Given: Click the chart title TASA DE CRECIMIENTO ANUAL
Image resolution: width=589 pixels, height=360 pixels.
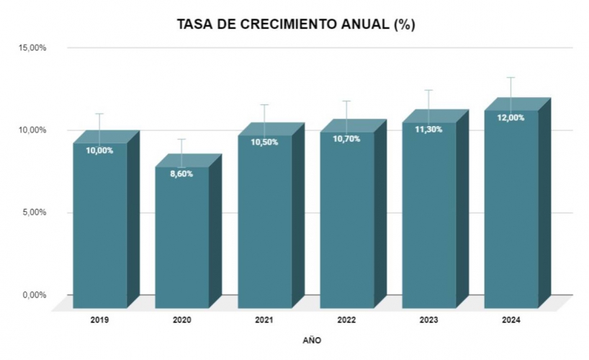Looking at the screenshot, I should pos(295,24).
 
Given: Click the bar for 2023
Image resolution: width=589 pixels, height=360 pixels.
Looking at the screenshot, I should pos(428,216).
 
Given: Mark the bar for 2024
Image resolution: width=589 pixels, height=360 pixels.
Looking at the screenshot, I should pos(511,212).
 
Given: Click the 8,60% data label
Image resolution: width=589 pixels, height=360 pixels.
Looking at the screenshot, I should pos(181,174).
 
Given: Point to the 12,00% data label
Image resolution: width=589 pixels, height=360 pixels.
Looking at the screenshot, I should pos(511,117).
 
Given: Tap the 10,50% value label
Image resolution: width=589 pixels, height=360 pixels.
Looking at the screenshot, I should pos(264,142).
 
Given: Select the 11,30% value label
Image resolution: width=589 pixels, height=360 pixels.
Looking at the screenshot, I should pos(428,129).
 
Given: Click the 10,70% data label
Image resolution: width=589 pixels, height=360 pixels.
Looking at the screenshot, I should pos(346,138).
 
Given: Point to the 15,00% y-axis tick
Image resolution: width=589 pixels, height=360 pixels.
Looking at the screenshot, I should pos(32,48).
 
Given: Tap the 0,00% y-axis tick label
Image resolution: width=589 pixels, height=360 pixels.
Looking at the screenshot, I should pos(35,294).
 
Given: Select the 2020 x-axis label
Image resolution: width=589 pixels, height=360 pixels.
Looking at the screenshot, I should pos(181,320).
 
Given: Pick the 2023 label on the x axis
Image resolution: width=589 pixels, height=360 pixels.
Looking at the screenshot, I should pos(428,320).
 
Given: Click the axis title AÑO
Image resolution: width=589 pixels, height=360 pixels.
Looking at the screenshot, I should pos(313,339).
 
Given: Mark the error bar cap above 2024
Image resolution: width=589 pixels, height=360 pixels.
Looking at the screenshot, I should pos(511,77).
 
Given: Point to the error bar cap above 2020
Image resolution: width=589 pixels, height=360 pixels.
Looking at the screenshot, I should pos(181,139).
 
